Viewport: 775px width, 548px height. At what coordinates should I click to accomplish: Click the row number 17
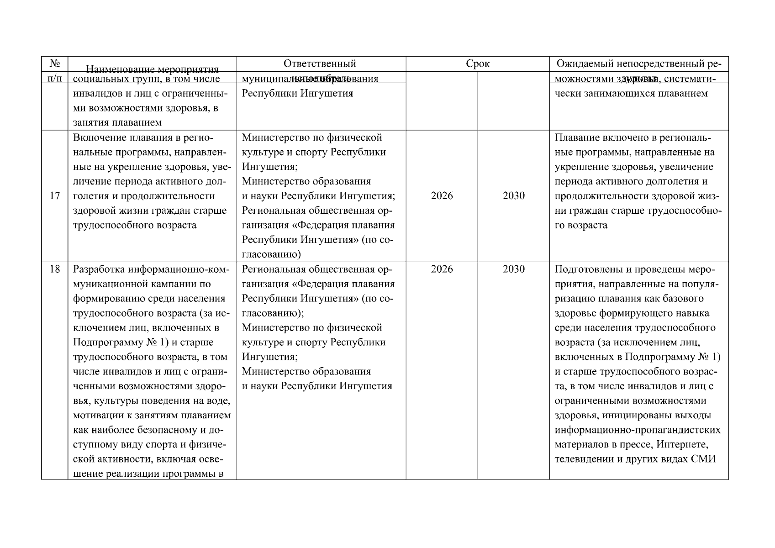(54, 196)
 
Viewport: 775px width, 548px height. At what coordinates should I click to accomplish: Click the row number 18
(54, 269)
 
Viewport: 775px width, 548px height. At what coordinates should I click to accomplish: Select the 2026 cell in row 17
(442, 196)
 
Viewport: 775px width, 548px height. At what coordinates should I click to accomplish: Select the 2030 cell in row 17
(513, 196)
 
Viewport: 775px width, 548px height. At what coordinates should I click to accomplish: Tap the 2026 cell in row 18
(442, 269)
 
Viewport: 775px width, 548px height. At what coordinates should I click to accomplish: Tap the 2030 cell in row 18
(513, 269)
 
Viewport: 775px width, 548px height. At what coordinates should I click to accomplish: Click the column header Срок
(478, 64)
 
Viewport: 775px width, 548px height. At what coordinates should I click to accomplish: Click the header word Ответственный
(320, 63)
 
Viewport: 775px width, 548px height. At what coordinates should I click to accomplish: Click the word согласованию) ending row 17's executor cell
(271, 254)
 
